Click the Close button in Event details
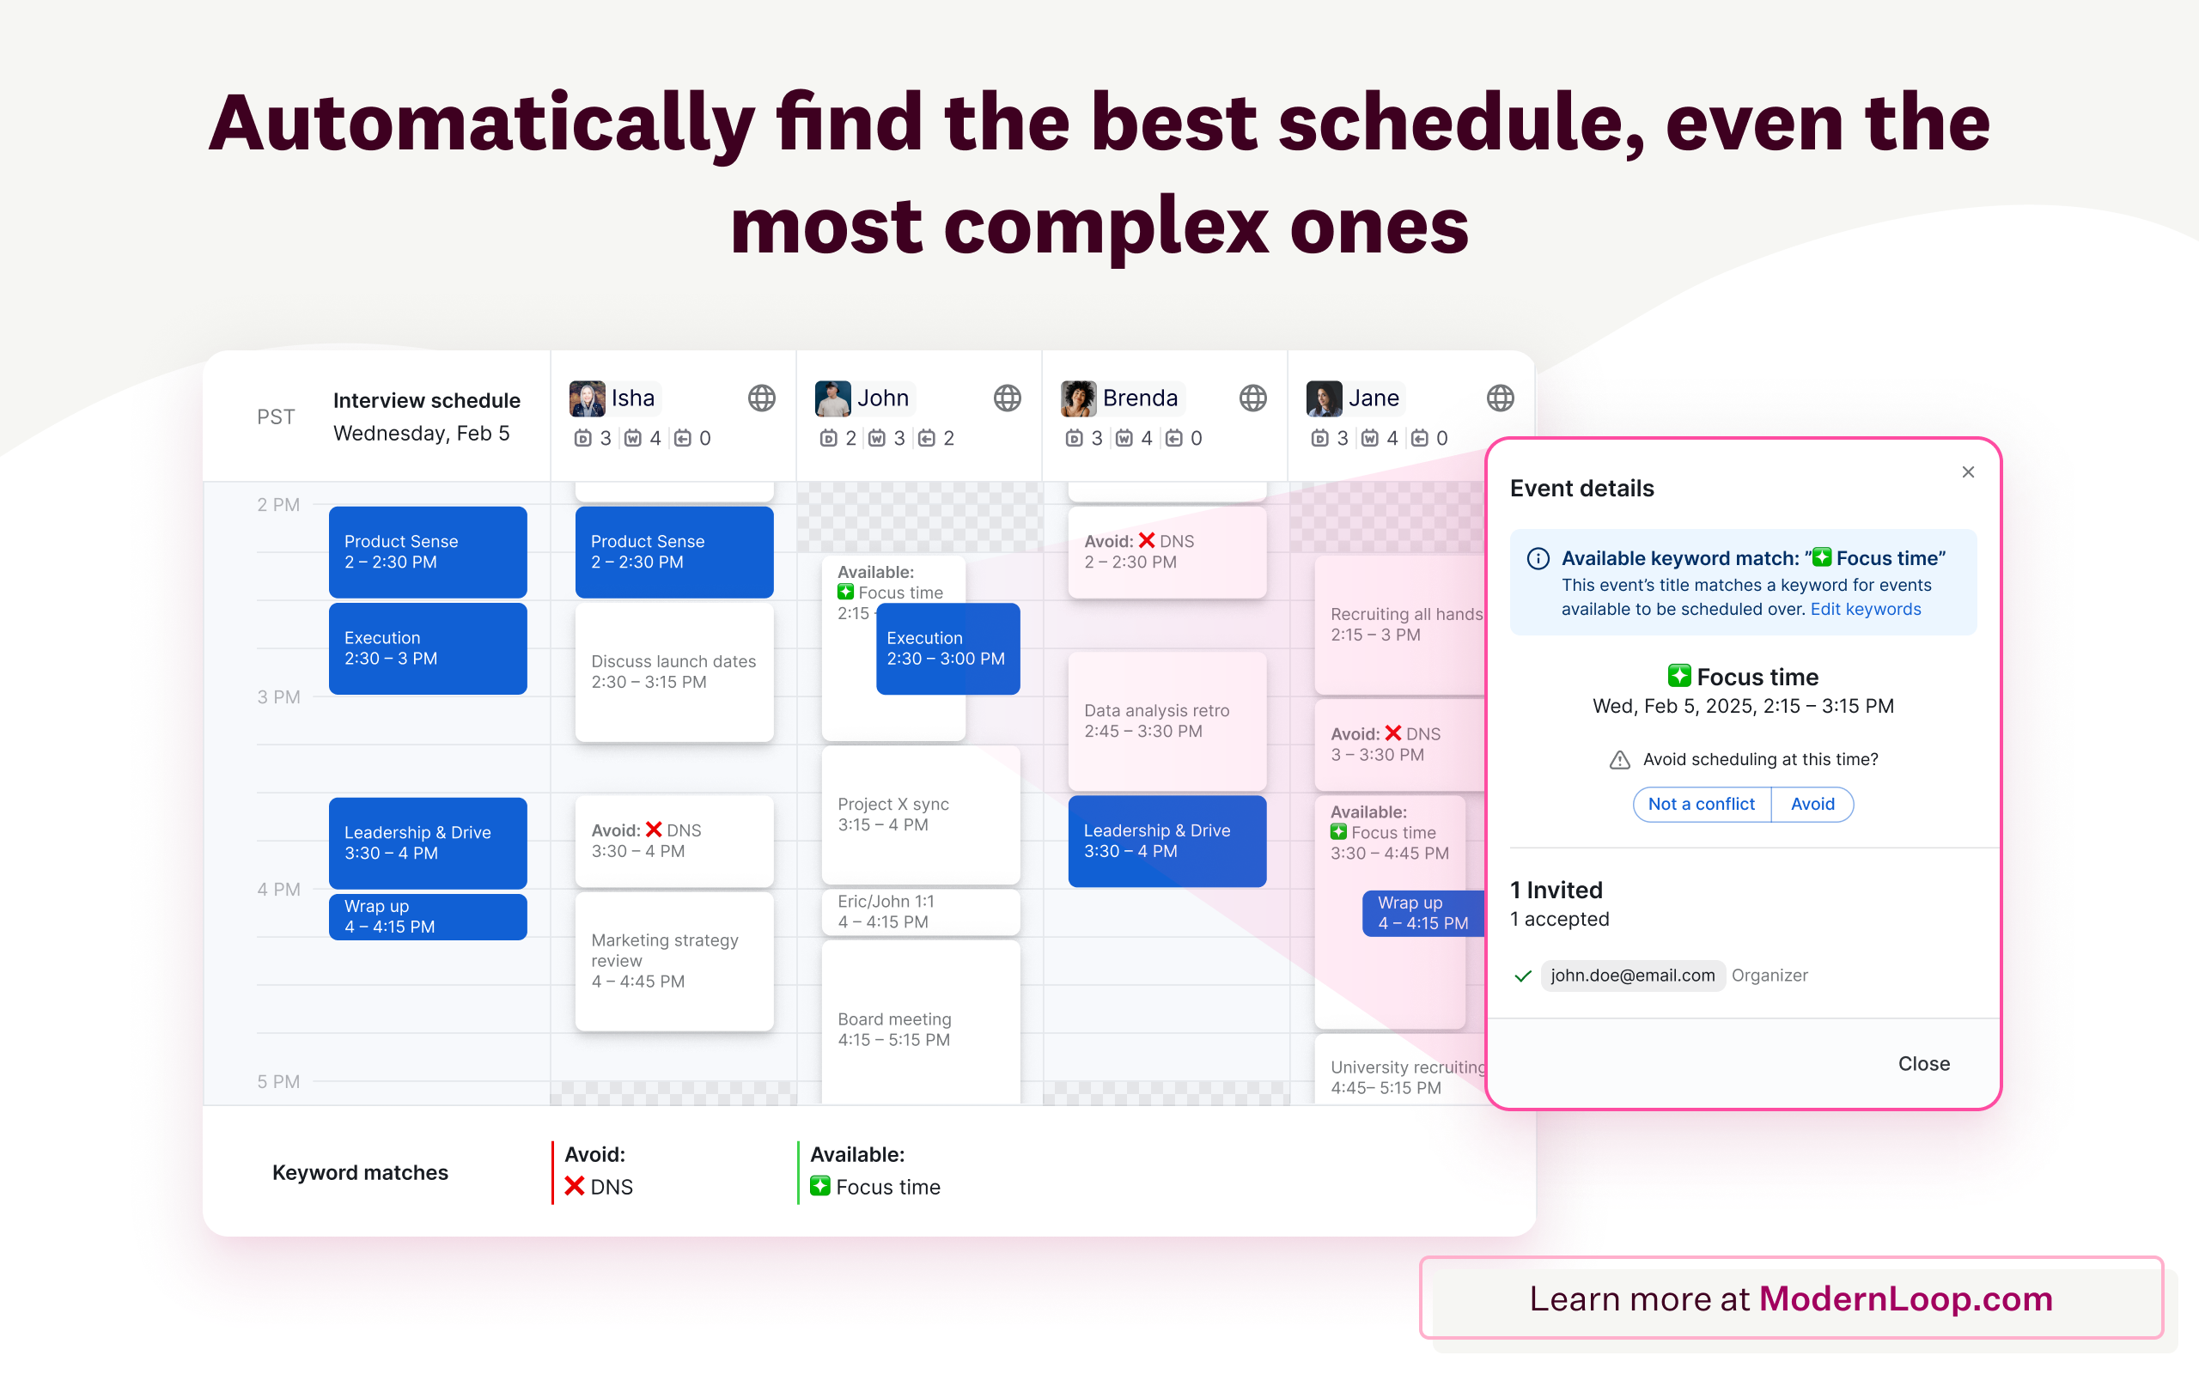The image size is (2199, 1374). [x=1923, y=1063]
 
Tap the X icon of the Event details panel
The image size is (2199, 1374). [x=1968, y=471]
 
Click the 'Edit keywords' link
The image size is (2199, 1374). [x=1866, y=609]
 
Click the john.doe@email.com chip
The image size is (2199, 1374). [x=1633, y=975]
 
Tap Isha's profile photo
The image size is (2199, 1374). [x=587, y=398]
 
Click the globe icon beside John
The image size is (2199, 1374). [x=1007, y=398]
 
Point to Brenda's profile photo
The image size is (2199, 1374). [x=1079, y=398]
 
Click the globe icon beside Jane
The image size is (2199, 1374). [x=1501, y=398]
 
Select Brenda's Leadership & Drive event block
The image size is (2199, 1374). [x=1167, y=841]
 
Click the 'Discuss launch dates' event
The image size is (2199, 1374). [x=674, y=672]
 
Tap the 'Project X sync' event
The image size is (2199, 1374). [x=921, y=814]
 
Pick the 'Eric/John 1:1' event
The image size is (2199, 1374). [x=921, y=911]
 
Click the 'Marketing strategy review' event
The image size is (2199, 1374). [x=674, y=961]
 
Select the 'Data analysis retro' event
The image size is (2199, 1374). [x=1167, y=720]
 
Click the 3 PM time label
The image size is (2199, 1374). [x=278, y=697]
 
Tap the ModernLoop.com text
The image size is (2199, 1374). [x=1905, y=1298]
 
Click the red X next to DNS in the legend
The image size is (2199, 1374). [x=575, y=1186]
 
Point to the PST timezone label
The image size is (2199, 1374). [x=276, y=417]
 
